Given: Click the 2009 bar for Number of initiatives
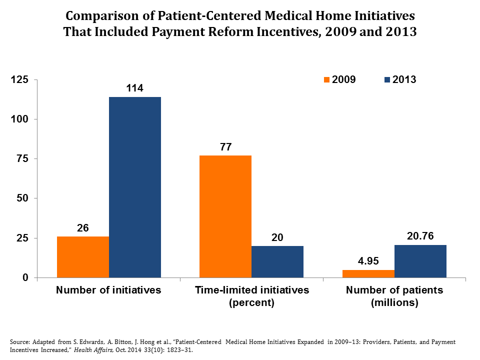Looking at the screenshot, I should pyautogui.click(x=83, y=257).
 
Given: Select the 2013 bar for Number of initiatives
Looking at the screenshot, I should pyautogui.click(x=135, y=187).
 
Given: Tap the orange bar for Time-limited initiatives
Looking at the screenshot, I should pyautogui.click(x=225, y=216).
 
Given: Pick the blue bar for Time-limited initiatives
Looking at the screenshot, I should pyautogui.click(x=277, y=261).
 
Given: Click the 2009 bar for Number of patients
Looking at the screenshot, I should pyautogui.click(x=368, y=273).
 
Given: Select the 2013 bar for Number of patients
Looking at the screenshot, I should pyautogui.click(x=420, y=261).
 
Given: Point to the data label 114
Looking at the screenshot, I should pyautogui.click(x=135, y=88).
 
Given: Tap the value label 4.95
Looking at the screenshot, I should pyautogui.click(x=368, y=261).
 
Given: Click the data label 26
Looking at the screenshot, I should pyautogui.click(x=83, y=228).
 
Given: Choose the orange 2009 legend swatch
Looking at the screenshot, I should pyautogui.click(x=327, y=79).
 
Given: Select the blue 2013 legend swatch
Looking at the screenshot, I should pyautogui.click(x=388, y=79).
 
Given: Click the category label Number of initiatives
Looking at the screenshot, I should pyautogui.click(x=108, y=290).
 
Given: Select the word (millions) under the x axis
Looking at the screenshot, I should pyautogui.click(x=394, y=302).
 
